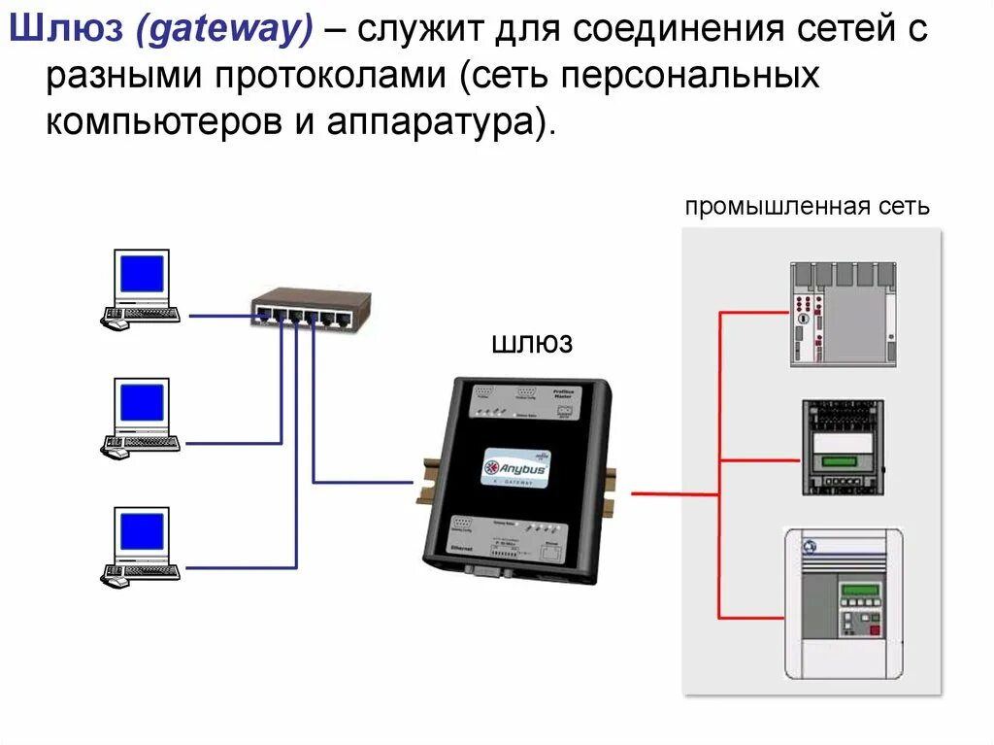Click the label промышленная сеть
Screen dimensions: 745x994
tap(808, 207)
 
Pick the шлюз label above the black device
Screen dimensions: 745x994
tap(533, 344)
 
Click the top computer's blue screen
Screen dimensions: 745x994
tap(142, 275)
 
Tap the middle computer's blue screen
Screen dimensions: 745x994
tap(142, 402)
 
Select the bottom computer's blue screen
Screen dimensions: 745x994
tap(142, 531)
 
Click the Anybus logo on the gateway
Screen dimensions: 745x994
tap(516, 467)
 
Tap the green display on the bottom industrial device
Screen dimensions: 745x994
tap(860, 591)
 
